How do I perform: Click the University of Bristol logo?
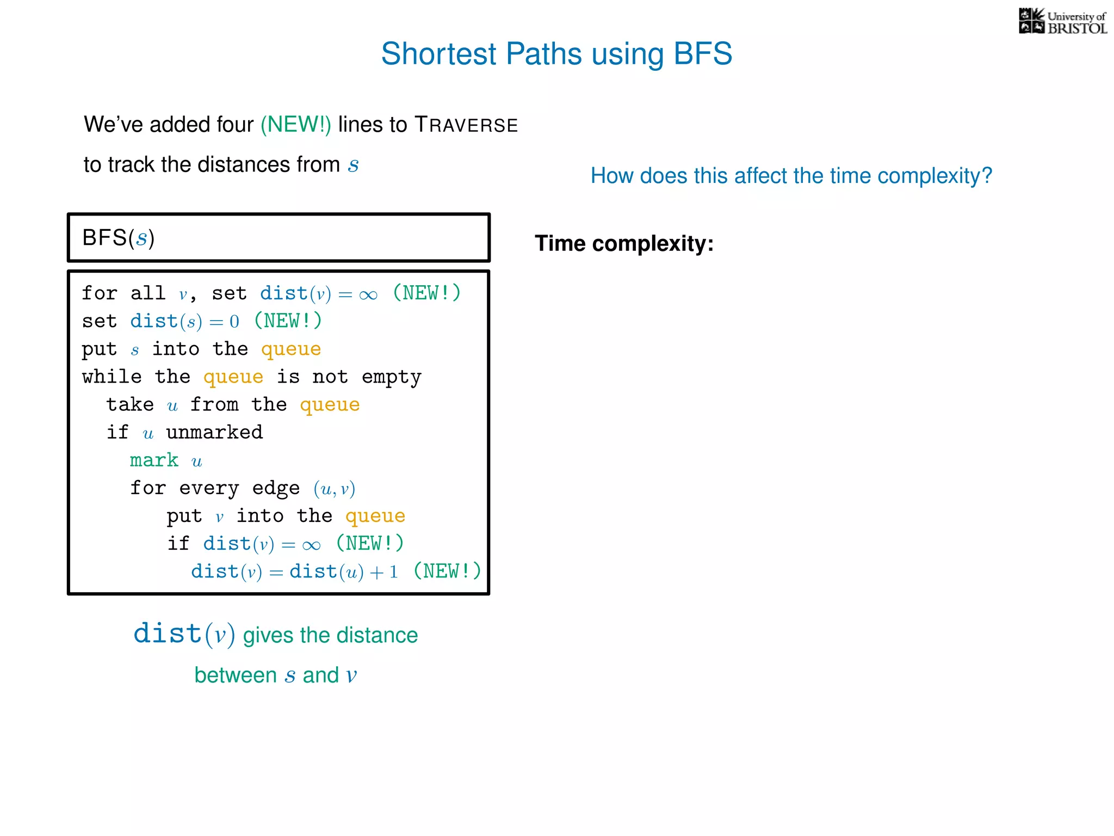[1062, 22]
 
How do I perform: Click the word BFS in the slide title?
[703, 54]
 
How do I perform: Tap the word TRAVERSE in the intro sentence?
[466, 125]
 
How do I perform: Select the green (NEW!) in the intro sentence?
[295, 125]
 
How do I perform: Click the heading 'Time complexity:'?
[624, 243]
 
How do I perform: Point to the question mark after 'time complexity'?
[987, 176]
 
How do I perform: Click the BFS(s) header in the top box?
[119, 238]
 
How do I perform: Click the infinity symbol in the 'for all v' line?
[368, 294]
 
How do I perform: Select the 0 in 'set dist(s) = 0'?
[234, 322]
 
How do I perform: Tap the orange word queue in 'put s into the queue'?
[291, 349]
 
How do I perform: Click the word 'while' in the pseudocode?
[112, 377]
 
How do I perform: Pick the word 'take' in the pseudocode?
[130, 404]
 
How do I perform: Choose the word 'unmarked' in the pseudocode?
[214, 432]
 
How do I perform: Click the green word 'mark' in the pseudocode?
[154, 460]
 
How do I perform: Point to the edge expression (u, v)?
[334, 489]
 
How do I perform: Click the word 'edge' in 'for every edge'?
[276, 488]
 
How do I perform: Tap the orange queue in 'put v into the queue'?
[375, 516]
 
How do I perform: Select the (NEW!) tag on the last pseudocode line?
[447, 571]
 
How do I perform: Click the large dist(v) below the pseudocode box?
[184, 634]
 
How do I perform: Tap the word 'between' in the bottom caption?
[236, 675]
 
